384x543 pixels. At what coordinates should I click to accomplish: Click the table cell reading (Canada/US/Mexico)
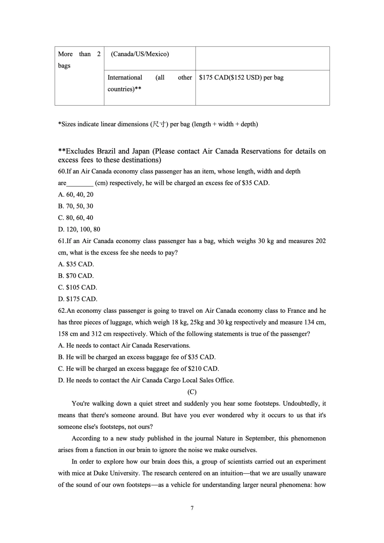pyautogui.click(x=140, y=54)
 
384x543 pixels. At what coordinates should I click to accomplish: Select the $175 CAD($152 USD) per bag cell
pyautogui.click(x=241, y=77)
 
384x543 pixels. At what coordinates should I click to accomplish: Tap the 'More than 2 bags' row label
pyautogui.click(x=79, y=60)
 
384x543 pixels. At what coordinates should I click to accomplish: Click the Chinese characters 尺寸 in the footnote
pyautogui.click(x=159, y=124)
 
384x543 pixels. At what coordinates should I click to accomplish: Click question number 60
pyautogui.click(x=62, y=172)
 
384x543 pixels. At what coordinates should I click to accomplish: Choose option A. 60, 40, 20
pyautogui.click(x=76, y=195)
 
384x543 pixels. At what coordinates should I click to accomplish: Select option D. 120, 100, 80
pyautogui.click(x=79, y=230)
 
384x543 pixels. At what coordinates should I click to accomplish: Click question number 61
pyautogui.click(x=62, y=241)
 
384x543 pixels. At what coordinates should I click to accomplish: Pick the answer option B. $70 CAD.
pyautogui.click(x=76, y=276)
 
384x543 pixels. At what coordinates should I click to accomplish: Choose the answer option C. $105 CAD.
pyautogui.click(x=78, y=287)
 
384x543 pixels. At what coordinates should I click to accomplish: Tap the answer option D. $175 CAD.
pyautogui.click(x=78, y=299)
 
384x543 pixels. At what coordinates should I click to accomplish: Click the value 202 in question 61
pyautogui.click(x=320, y=241)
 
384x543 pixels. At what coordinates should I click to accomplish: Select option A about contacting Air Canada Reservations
pyautogui.click(x=124, y=346)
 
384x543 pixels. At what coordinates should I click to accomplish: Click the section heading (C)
pyautogui.click(x=192, y=392)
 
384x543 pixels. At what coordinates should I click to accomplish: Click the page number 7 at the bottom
pyautogui.click(x=192, y=508)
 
